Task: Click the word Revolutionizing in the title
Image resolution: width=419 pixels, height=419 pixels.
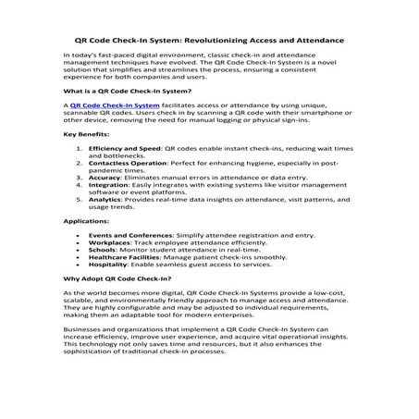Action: click(236, 41)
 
